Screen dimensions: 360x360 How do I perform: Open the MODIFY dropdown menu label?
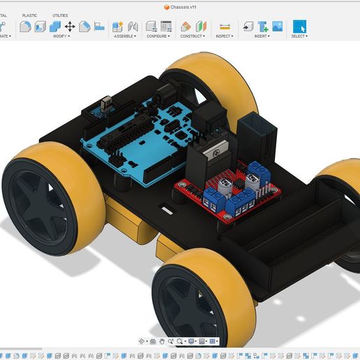click(61, 36)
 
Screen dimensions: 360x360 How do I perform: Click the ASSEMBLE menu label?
click(125, 36)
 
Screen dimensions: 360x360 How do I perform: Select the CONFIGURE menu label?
click(158, 36)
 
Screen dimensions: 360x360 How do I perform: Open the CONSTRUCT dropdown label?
click(193, 36)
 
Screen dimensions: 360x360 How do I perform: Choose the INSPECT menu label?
click(225, 36)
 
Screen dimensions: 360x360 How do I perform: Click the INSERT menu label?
click(262, 36)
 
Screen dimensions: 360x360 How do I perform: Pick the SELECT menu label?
click(299, 36)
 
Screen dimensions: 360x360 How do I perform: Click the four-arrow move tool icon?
click(70, 27)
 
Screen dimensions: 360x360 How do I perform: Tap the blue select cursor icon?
click(299, 27)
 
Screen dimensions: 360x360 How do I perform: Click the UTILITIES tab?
click(61, 15)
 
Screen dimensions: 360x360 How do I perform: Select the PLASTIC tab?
click(30, 15)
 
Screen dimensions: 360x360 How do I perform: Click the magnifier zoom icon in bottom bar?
click(180, 341)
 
